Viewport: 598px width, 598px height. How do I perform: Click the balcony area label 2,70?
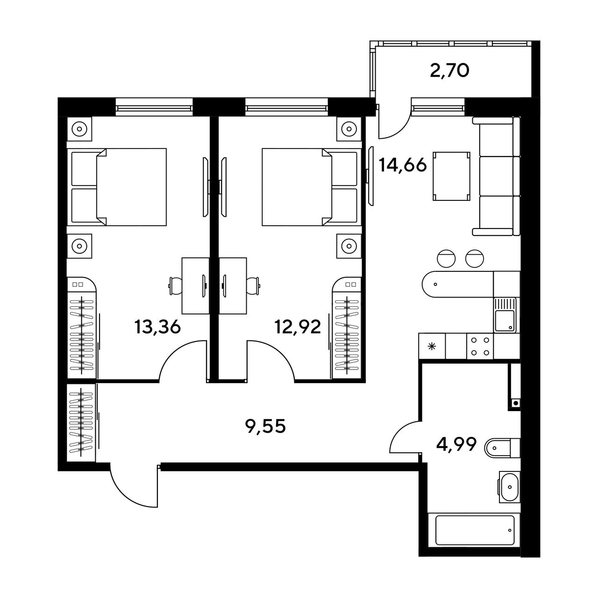pyautogui.click(x=449, y=71)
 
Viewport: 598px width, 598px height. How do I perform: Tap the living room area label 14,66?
pyautogui.click(x=403, y=165)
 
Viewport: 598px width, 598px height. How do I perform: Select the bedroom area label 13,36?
pyautogui.click(x=157, y=327)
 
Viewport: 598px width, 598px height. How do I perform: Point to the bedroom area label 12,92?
pyautogui.click(x=298, y=327)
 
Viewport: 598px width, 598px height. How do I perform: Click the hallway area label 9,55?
pyautogui.click(x=265, y=427)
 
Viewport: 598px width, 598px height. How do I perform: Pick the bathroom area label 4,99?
pyautogui.click(x=456, y=445)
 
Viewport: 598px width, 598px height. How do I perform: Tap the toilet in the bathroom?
pyautogui.click(x=502, y=448)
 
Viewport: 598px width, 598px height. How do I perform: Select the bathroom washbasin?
pyautogui.click(x=510, y=487)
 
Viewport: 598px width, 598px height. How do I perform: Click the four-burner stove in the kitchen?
pyautogui.click(x=480, y=346)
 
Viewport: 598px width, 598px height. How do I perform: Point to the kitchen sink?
pyautogui.click(x=505, y=315)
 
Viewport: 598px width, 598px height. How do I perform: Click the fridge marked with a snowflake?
pyautogui.click(x=432, y=346)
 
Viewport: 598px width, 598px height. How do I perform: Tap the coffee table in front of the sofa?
pyautogui.click(x=451, y=176)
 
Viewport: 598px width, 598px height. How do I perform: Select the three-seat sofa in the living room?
pyautogui.click(x=497, y=176)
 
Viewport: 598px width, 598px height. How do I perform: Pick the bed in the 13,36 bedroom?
pyautogui.click(x=119, y=187)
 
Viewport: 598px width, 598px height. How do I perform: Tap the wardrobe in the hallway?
pyautogui.click(x=81, y=423)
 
